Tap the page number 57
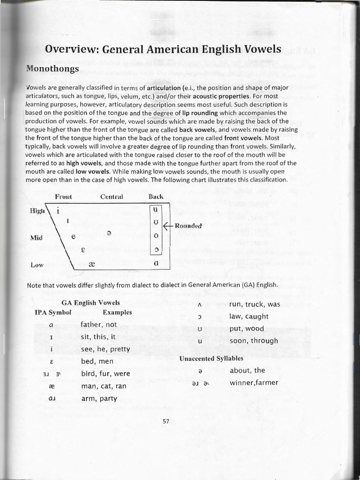(165, 421)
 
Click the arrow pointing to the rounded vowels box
(168, 225)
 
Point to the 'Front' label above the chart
(65, 196)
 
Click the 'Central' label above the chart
(112, 196)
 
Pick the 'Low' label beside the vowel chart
(37, 265)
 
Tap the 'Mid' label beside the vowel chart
(37, 238)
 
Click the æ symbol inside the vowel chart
(92, 264)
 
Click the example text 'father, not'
(98, 324)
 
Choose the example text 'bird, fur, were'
(105, 374)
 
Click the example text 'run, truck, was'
(255, 304)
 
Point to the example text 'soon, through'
(254, 341)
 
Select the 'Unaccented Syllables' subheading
(211, 359)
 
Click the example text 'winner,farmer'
(254, 382)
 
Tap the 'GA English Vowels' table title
(91, 303)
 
